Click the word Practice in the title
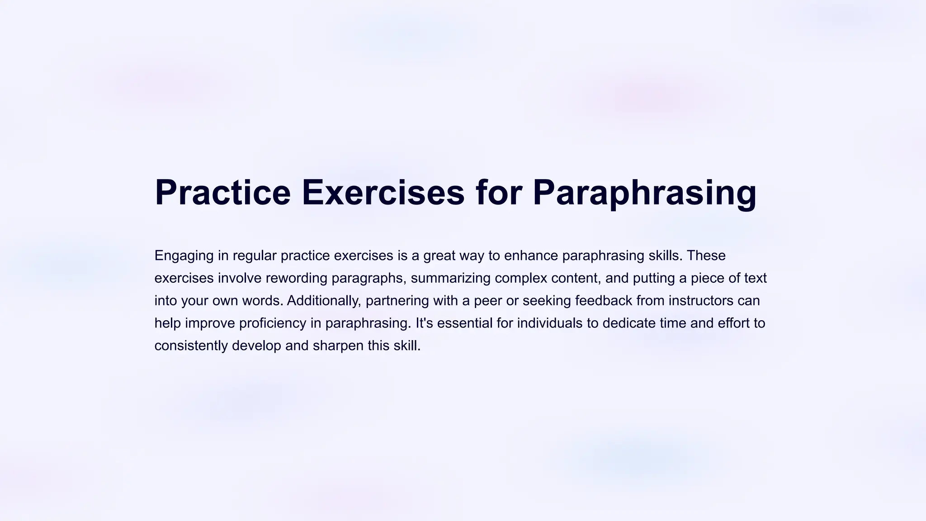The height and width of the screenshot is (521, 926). coord(222,193)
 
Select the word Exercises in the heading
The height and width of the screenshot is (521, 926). coord(383,193)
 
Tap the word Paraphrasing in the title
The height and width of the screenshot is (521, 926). coord(644,193)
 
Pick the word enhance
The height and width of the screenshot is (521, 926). coord(531,256)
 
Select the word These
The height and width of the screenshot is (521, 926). coord(706,256)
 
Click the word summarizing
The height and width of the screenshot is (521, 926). coord(450,278)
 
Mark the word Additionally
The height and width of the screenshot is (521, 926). coord(324,301)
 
